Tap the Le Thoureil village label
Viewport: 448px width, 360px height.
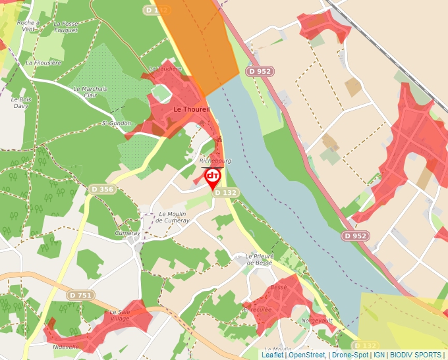[x=191, y=109]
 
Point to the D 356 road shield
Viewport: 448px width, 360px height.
[x=101, y=190]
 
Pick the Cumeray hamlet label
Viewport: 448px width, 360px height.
[x=127, y=233]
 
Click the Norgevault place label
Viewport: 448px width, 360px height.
[x=316, y=322]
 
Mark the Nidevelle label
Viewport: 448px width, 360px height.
[x=62, y=346]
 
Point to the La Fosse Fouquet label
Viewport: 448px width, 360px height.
[x=65, y=26]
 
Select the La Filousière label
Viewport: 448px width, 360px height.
[x=43, y=63]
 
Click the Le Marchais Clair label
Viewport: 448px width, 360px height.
[x=90, y=91]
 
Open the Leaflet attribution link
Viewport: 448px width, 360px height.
[x=272, y=355]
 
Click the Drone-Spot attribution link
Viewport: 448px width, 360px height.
[x=350, y=355]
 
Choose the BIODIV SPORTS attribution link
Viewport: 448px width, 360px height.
[x=416, y=355]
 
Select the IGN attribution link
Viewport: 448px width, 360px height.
[x=379, y=355]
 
